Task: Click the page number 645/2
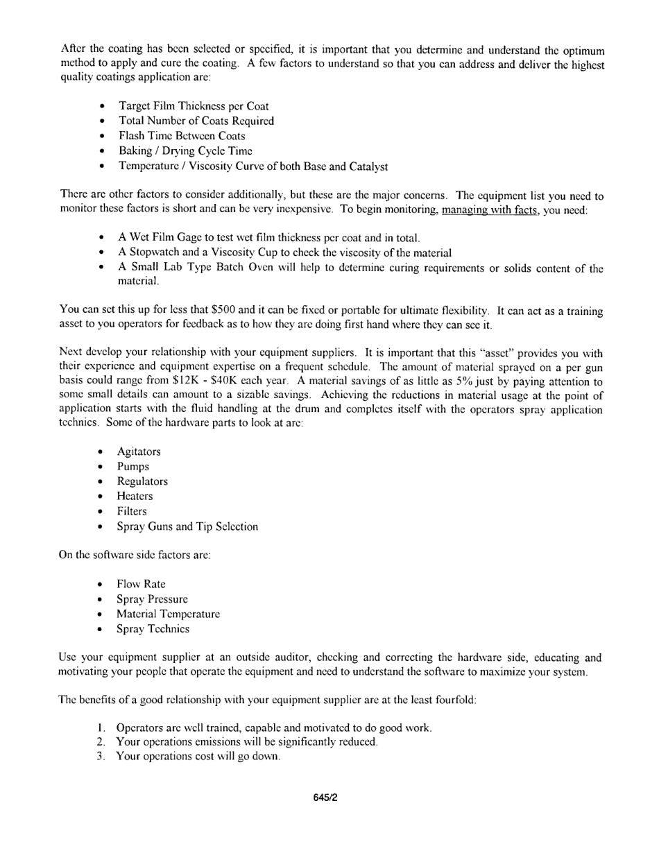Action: [325, 798]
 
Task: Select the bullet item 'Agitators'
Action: [139, 451]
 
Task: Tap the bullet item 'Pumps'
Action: [132, 467]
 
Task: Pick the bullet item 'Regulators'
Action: [142, 481]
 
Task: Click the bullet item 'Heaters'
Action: [135, 497]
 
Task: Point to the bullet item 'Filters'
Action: [132, 511]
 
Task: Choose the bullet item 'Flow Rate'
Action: [141, 584]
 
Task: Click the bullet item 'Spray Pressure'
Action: [152, 599]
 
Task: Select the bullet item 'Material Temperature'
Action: [168, 614]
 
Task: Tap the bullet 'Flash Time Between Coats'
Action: [182, 136]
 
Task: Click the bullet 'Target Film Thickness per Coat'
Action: [194, 106]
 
